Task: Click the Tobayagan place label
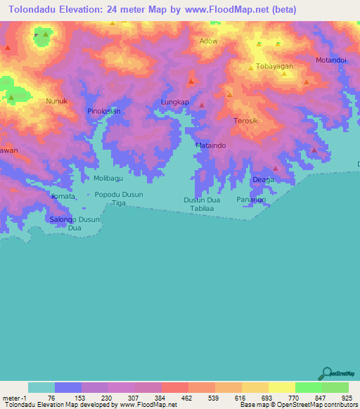click(x=274, y=66)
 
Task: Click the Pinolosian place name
click(x=104, y=111)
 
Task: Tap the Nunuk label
click(x=57, y=101)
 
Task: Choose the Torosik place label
click(x=247, y=121)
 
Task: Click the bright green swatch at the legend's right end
click(x=335, y=387)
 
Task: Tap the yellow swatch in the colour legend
click(x=282, y=387)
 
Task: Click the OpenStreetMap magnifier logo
click(x=326, y=372)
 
